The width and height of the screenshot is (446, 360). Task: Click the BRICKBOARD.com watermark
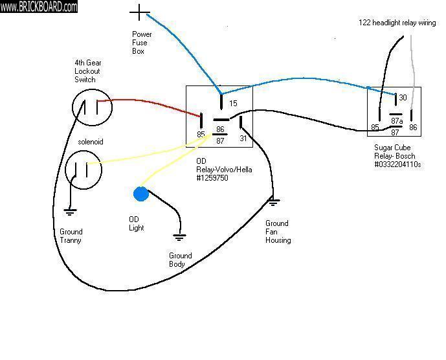click(x=39, y=6)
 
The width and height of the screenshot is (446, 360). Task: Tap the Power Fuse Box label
click(x=140, y=43)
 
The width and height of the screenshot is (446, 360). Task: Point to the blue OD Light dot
click(x=140, y=194)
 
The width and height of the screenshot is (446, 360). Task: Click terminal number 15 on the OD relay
click(x=233, y=104)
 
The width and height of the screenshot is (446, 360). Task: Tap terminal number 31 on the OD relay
click(x=244, y=137)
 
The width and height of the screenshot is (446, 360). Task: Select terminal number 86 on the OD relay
click(x=220, y=129)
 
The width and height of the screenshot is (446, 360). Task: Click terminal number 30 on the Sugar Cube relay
click(x=403, y=98)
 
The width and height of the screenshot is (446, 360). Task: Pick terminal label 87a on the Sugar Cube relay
click(x=397, y=121)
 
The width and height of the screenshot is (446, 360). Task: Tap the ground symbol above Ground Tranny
click(x=68, y=210)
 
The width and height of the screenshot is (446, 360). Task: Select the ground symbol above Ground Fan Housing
click(x=273, y=203)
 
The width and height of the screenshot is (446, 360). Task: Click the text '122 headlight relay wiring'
click(x=397, y=23)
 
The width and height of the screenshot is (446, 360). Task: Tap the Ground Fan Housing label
click(x=278, y=232)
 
